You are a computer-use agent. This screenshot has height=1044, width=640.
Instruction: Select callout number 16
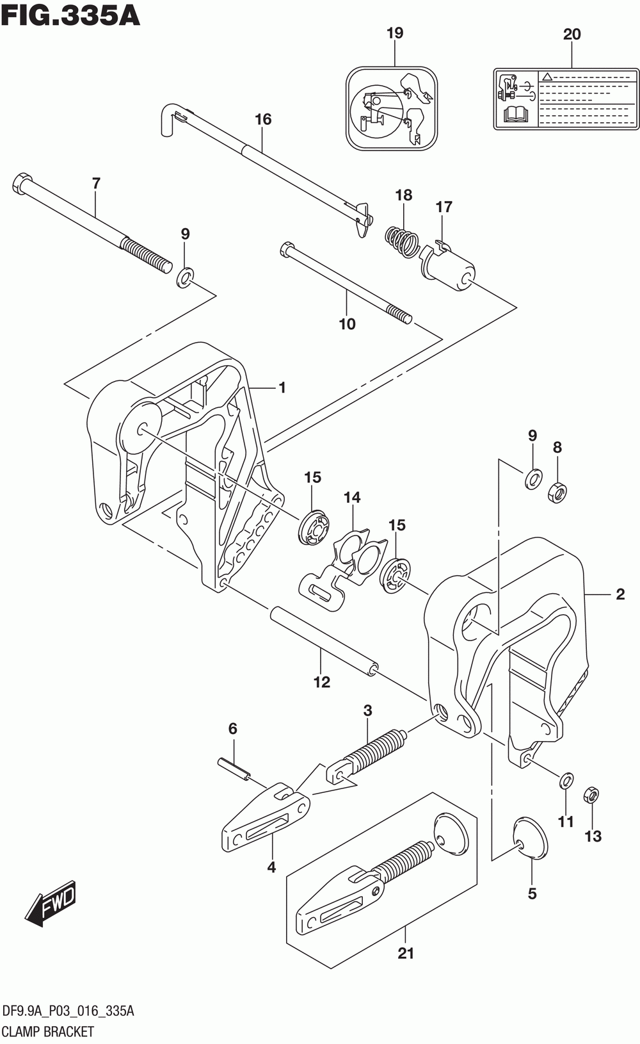[263, 119]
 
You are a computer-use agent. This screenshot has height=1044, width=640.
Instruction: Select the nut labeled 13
[592, 796]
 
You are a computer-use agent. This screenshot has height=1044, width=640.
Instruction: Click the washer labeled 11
[566, 780]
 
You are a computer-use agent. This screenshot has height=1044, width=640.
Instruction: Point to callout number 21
[406, 953]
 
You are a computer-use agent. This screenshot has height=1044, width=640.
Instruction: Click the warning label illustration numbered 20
[566, 98]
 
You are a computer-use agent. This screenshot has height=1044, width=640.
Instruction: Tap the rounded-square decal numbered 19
[392, 109]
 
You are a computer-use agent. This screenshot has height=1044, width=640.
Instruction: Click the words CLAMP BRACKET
[49, 1031]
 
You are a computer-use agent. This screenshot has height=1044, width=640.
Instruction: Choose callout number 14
[352, 497]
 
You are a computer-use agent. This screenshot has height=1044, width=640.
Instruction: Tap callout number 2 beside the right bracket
[620, 594]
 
